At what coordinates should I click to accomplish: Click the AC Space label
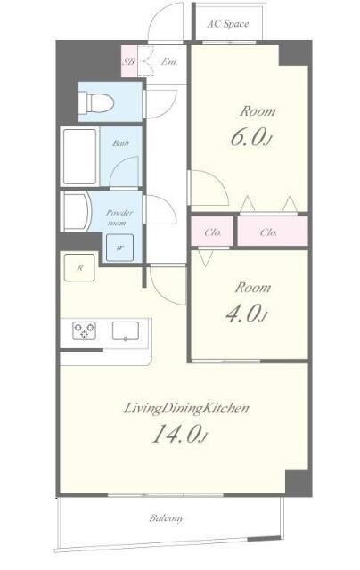[x=227, y=24]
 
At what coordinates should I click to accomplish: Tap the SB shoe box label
[x=128, y=62]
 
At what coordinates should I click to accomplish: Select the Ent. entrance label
[x=170, y=62]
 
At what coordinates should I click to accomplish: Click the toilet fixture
[x=96, y=103]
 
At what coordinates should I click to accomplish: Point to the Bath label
[x=119, y=143]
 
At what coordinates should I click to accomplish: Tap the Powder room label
[x=119, y=217]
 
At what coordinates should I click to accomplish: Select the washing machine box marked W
[x=119, y=248]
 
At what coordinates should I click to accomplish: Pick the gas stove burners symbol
[x=86, y=332]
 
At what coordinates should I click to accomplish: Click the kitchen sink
[x=126, y=332]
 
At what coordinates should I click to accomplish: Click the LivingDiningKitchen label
[x=186, y=409]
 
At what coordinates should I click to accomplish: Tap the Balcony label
[x=168, y=517]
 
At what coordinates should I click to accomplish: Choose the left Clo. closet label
[x=213, y=233]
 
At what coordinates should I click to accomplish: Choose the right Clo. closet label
[x=269, y=233]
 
